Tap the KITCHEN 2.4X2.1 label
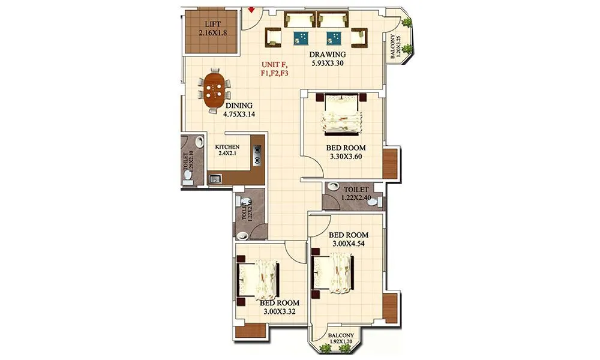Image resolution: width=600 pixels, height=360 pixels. pyautogui.click(x=227, y=150)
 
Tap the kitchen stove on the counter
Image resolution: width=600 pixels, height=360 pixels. pyautogui.click(x=258, y=154)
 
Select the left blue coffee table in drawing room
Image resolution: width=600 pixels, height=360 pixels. pyautogui.click(x=301, y=38)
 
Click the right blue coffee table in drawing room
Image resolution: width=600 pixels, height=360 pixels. pyautogui.click(x=333, y=38)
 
